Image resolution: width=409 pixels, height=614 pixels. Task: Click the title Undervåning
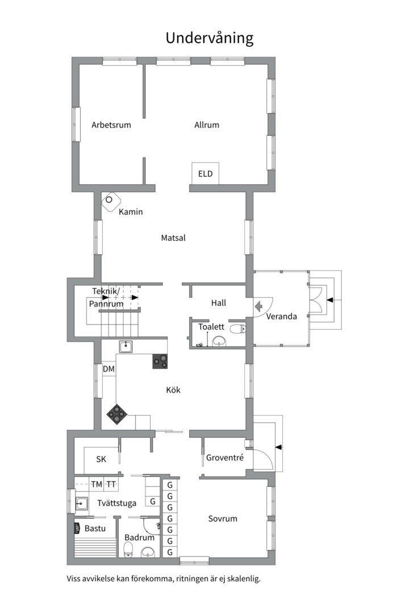210,38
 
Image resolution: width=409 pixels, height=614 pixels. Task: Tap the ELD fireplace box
205,173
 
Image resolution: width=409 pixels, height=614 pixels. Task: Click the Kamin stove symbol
111,201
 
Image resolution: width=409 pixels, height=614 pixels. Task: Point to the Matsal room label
173,238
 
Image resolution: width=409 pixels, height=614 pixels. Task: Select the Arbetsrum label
111,125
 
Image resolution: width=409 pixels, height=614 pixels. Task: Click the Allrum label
207,125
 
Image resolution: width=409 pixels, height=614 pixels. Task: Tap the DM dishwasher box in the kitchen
109,369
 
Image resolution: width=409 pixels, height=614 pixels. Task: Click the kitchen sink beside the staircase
126,347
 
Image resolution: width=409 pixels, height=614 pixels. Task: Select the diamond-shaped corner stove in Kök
116,414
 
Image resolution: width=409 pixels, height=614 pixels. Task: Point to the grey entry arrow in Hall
258,306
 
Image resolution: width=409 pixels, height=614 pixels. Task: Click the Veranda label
281,317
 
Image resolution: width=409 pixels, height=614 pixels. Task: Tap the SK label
101,459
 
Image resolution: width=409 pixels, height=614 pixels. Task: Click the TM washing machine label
96,484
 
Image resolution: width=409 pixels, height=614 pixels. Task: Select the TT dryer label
111,484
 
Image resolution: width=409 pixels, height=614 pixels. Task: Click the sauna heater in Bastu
77,528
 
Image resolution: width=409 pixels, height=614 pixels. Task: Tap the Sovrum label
223,518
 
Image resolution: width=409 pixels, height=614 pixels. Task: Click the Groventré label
225,457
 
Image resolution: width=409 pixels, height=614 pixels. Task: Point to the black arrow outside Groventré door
279,447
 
